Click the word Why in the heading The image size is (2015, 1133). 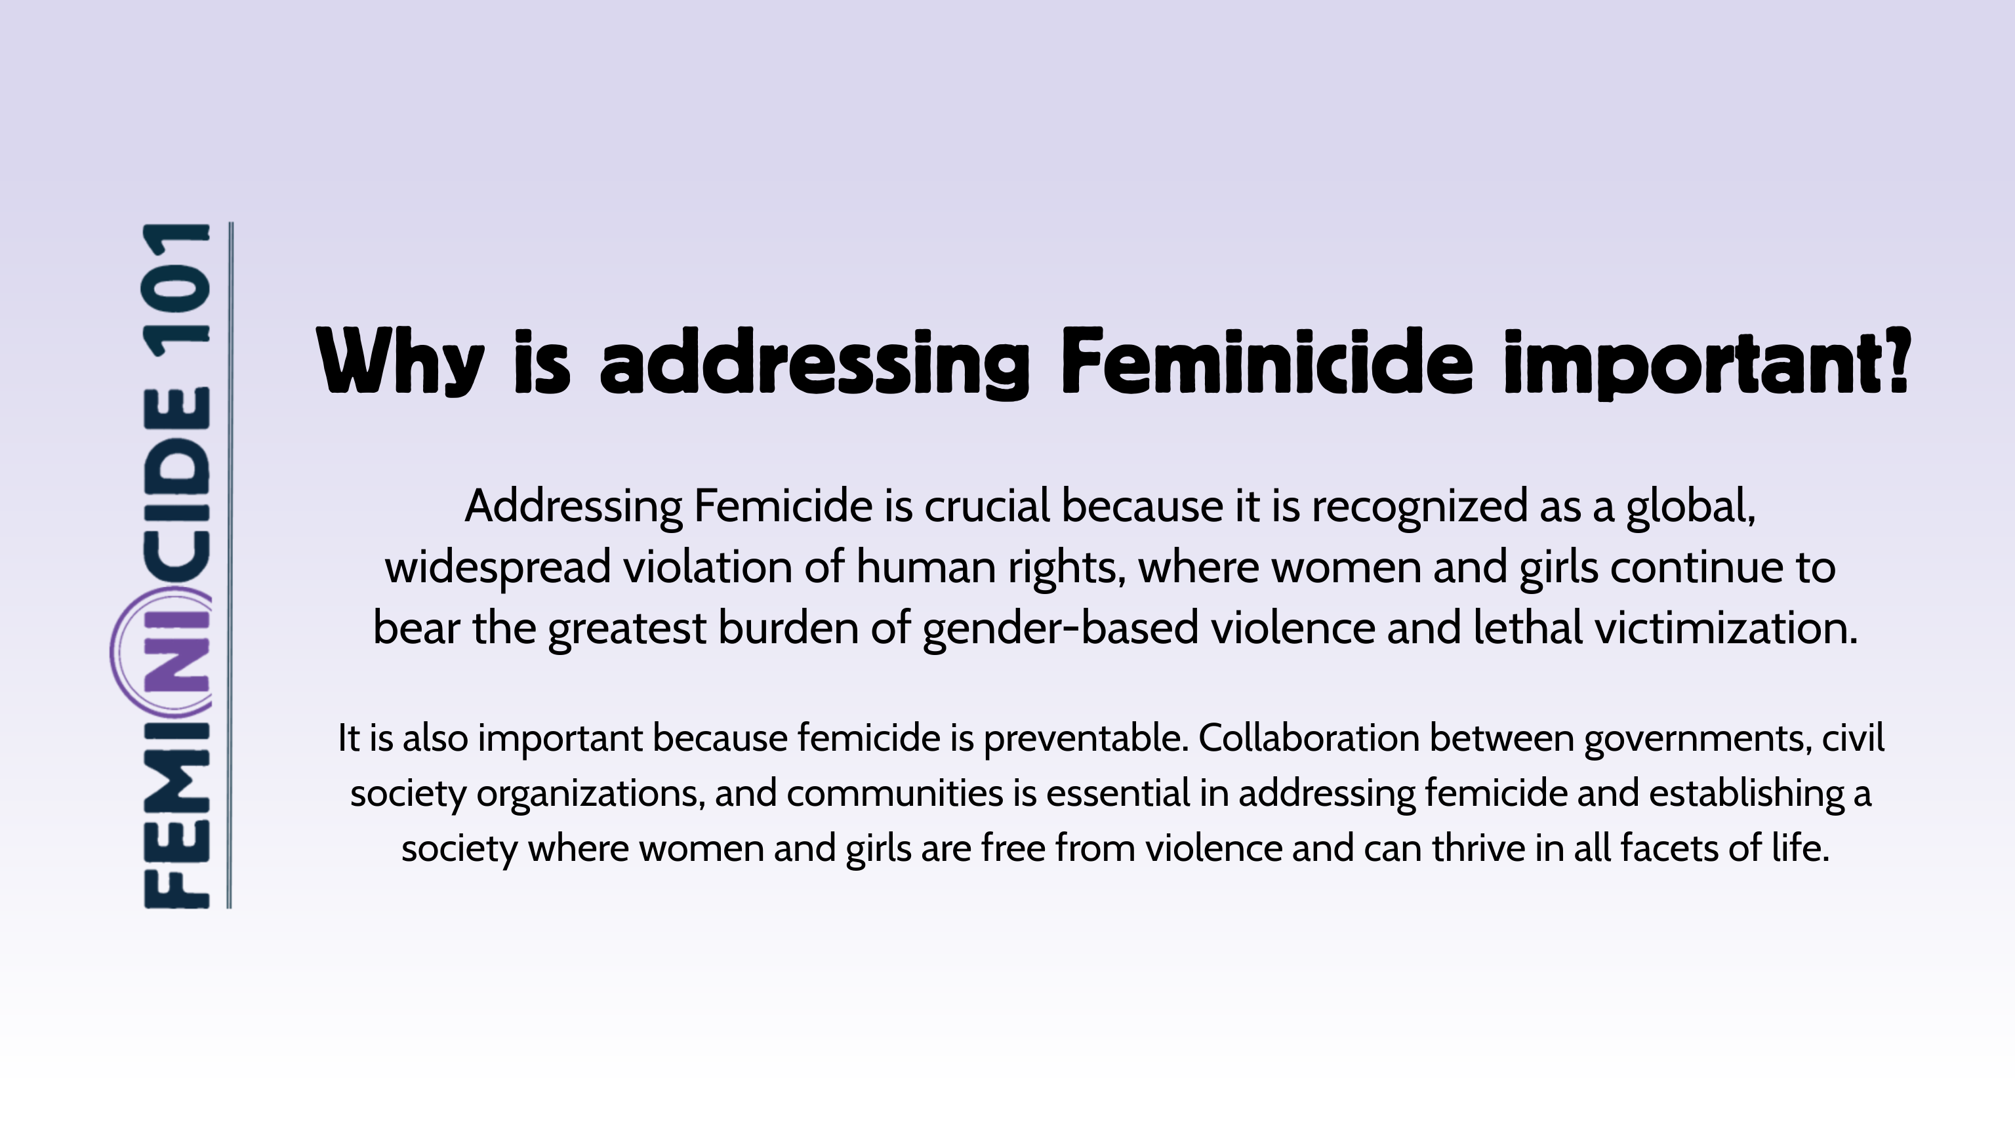pos(401,362)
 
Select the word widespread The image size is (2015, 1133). pos(497,568)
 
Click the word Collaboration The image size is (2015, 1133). pos(1309,738)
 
